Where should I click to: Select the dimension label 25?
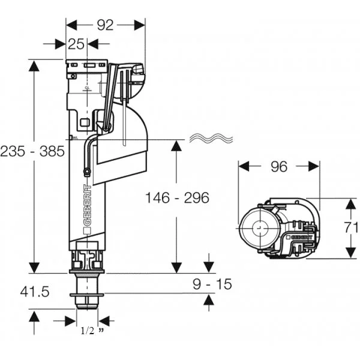click(x=76, y=44)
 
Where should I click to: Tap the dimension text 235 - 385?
click(x=32, y=151)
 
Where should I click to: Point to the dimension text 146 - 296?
click(x=177, y=197)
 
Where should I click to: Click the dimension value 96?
click(x=278, y=167)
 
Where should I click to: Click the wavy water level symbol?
click(x=212, y=139)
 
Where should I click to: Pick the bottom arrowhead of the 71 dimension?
click(x=352, y=251)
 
